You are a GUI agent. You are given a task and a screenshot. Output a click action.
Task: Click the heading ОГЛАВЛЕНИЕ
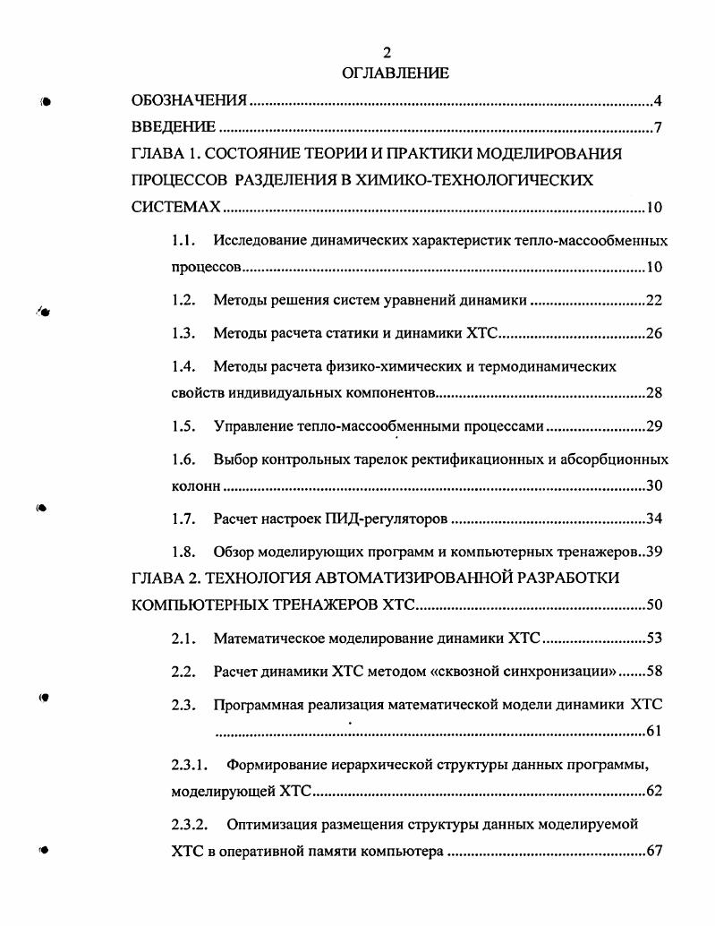pos(395,73)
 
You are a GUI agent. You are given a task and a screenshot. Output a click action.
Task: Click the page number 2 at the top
pos(387,54)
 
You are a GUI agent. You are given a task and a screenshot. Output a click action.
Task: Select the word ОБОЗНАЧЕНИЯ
pos(189,100)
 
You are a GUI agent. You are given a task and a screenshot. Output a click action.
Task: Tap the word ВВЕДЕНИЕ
pos(174,127)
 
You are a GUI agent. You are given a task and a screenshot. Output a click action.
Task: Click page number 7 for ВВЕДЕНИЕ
pos(658,127)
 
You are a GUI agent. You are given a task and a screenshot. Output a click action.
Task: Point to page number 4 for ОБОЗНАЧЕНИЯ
pos(658,100)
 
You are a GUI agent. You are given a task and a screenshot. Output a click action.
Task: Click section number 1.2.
pos(183,300)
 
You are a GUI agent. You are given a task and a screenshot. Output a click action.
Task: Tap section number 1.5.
pos(183,426)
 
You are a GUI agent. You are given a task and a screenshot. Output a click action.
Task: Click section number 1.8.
pos(183,551)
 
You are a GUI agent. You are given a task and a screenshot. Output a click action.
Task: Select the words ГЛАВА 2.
pos(163,578)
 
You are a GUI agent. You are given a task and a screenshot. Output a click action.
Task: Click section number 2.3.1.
pos(190,765)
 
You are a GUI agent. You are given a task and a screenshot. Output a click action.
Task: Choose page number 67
pos(653,850)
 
